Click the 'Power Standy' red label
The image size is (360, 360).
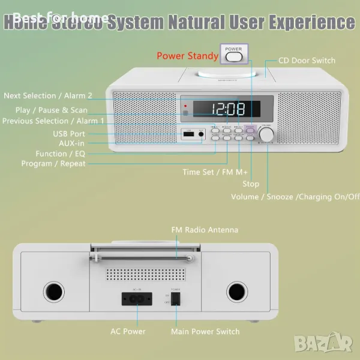pos(187,56)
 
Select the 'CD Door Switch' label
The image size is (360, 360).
pos(307,61)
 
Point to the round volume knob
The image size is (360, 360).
pos(266,134)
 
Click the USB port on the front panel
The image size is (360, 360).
pos(188,136)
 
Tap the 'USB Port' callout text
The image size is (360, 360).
pos(69,134)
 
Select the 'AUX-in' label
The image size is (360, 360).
pos(71,143)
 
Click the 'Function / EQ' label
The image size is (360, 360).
pos(60,154)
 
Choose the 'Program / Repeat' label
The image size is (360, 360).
pos(53,164)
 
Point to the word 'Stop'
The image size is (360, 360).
pos(251,184)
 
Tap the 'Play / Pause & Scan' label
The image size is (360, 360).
pos(52,110)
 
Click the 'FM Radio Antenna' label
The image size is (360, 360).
pos(205,230)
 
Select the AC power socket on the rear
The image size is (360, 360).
pos(133,298)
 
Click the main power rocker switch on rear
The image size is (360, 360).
pos(176,298)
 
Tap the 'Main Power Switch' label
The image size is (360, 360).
pos(205,332)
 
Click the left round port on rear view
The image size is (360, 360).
pos(53,292)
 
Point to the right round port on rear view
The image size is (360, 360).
pos(236,292)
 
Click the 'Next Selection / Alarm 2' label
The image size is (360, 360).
pos(48,96)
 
